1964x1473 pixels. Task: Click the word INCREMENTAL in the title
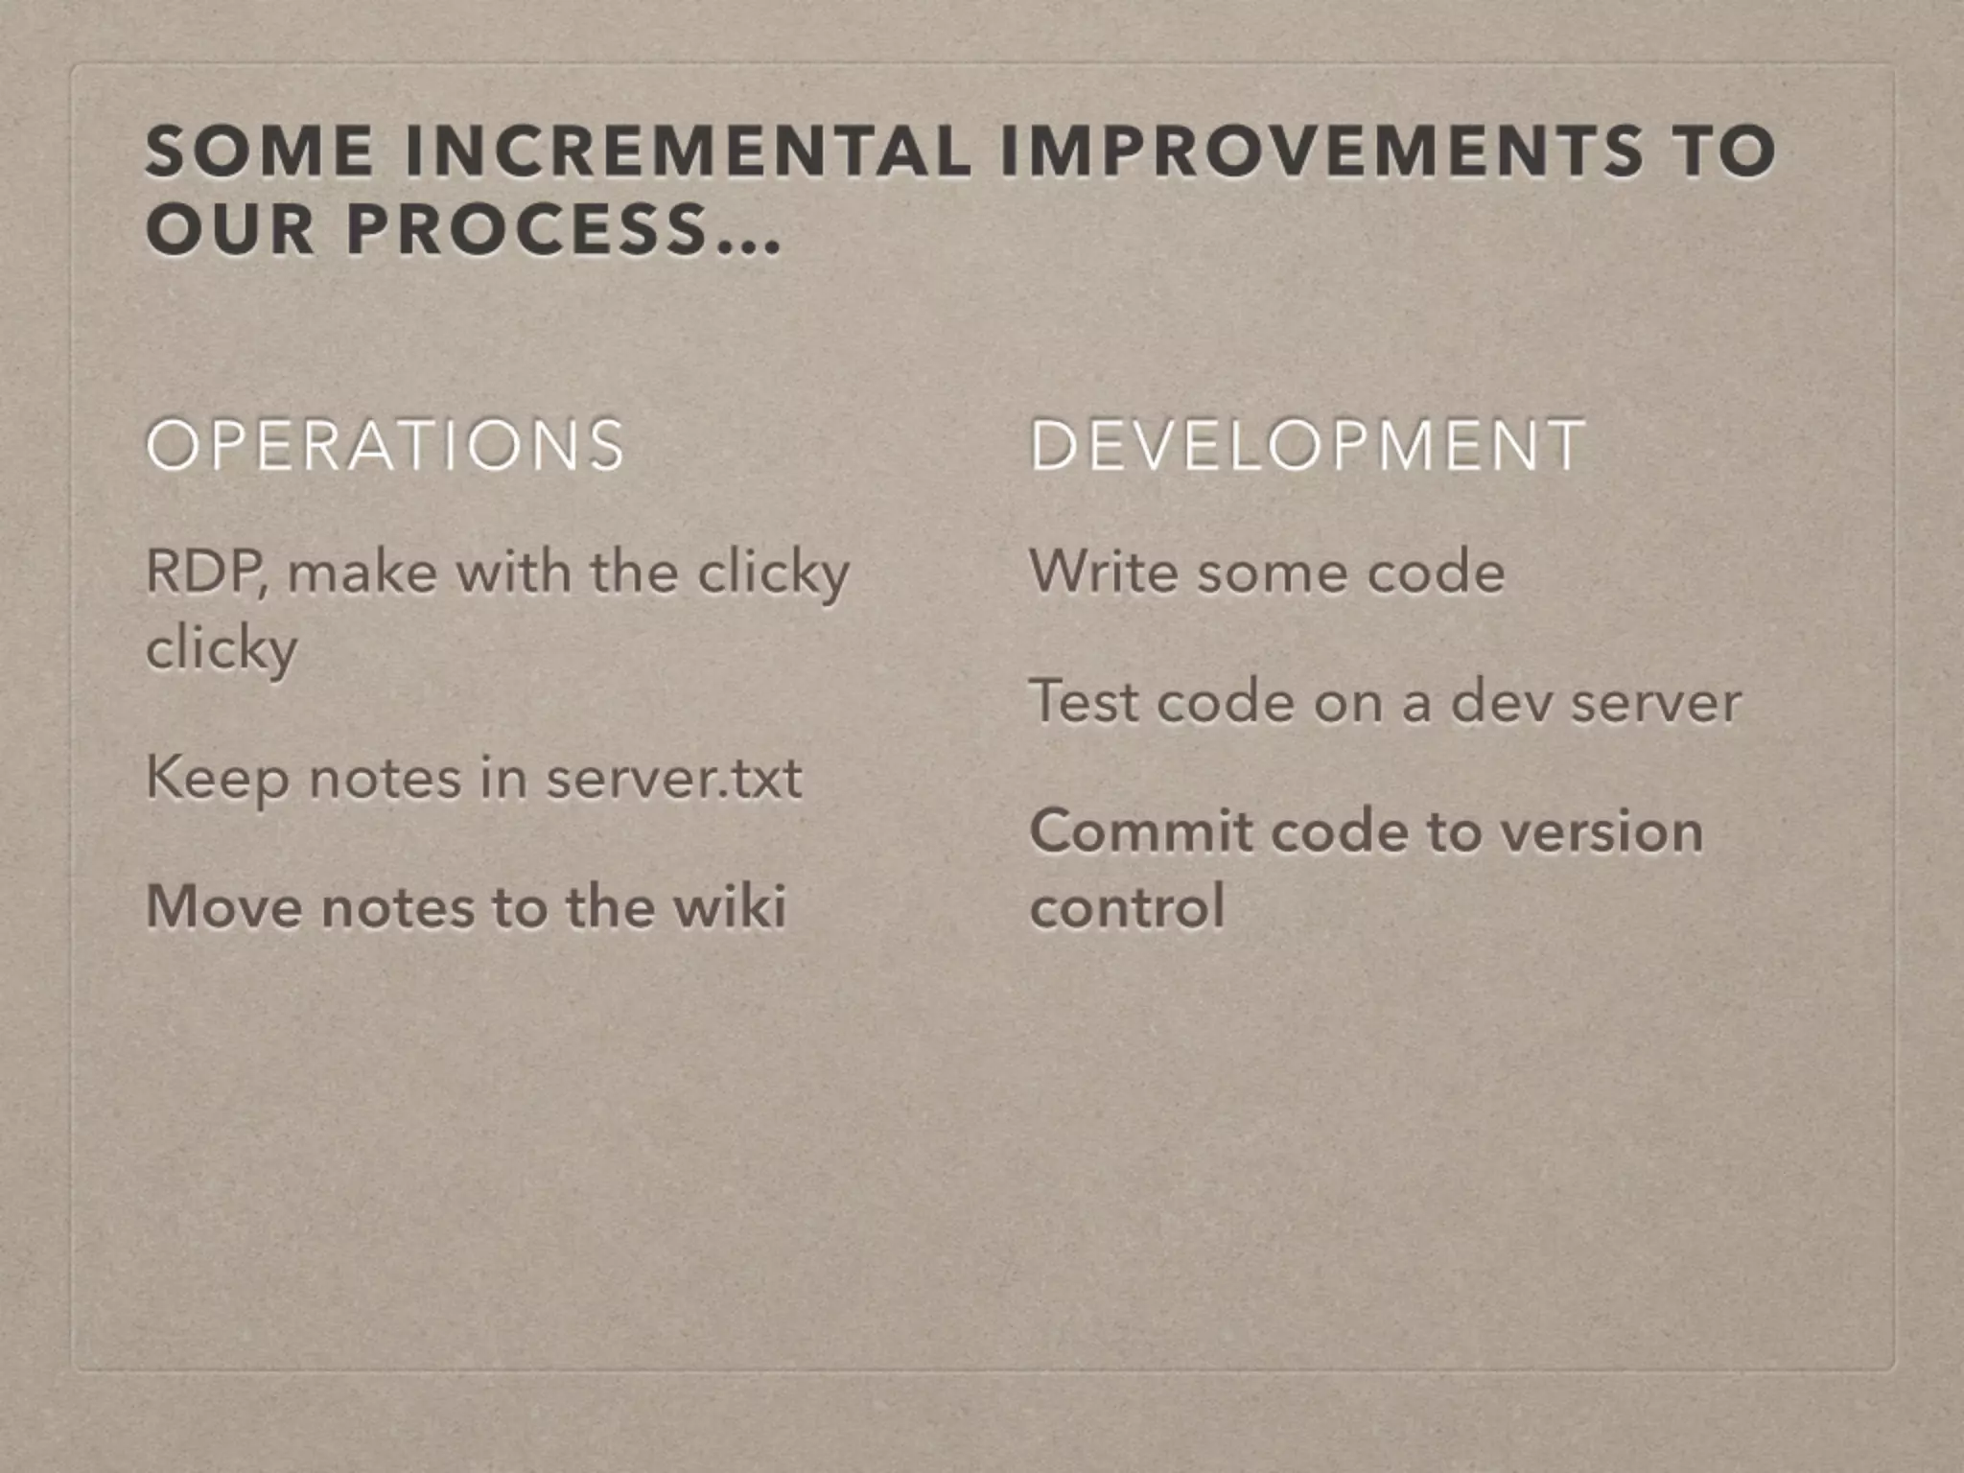[687, 152]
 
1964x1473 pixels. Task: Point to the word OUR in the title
[229, 231]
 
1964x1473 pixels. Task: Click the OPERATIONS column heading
[386, 445]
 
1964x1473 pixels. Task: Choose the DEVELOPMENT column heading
[1307, 445]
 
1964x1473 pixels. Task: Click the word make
[362, 573]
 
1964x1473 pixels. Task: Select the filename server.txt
[673, 779]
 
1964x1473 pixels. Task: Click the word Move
[224, 906]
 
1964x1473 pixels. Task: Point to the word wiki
[730, 906]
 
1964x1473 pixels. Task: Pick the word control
[1127, 907]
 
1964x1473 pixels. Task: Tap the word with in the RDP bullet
[512, 573]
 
